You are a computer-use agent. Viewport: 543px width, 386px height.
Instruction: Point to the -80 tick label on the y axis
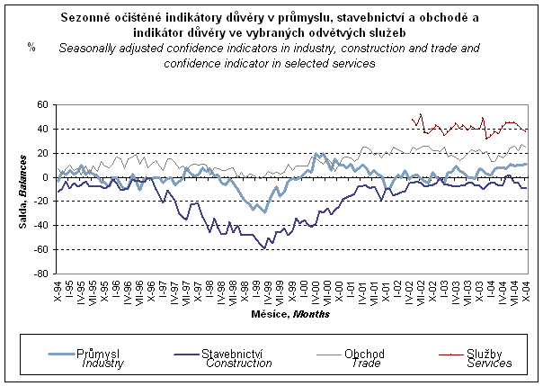[42, 273]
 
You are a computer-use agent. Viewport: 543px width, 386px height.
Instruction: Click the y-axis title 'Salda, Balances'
[20, 190]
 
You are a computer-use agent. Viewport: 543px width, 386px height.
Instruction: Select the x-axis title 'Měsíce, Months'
[291, 316]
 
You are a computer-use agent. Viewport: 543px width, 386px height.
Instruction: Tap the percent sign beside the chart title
[31, 46]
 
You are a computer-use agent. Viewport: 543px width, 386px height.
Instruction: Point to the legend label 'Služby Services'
[489, 358]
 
